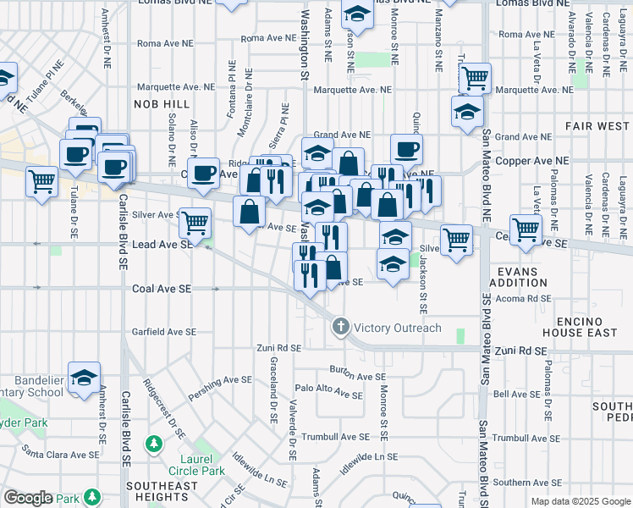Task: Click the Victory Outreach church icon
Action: click(x=341, y=327)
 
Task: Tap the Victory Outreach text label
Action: click(x=398, y=328)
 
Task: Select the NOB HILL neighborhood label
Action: click(x=162, y=103)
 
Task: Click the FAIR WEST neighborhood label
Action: click(x=597, y=126)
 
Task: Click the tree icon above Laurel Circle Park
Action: click(x=154, y=443)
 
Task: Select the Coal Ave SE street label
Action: click(x=162, y=289)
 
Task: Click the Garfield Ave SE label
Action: click(x=165, y=333)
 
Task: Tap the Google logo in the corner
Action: click(x=28, y=498)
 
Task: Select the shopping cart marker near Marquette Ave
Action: click(x=476, y=79)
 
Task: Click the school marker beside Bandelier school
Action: click(x=84, y=378)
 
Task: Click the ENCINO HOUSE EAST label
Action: click(x=587, y=328)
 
